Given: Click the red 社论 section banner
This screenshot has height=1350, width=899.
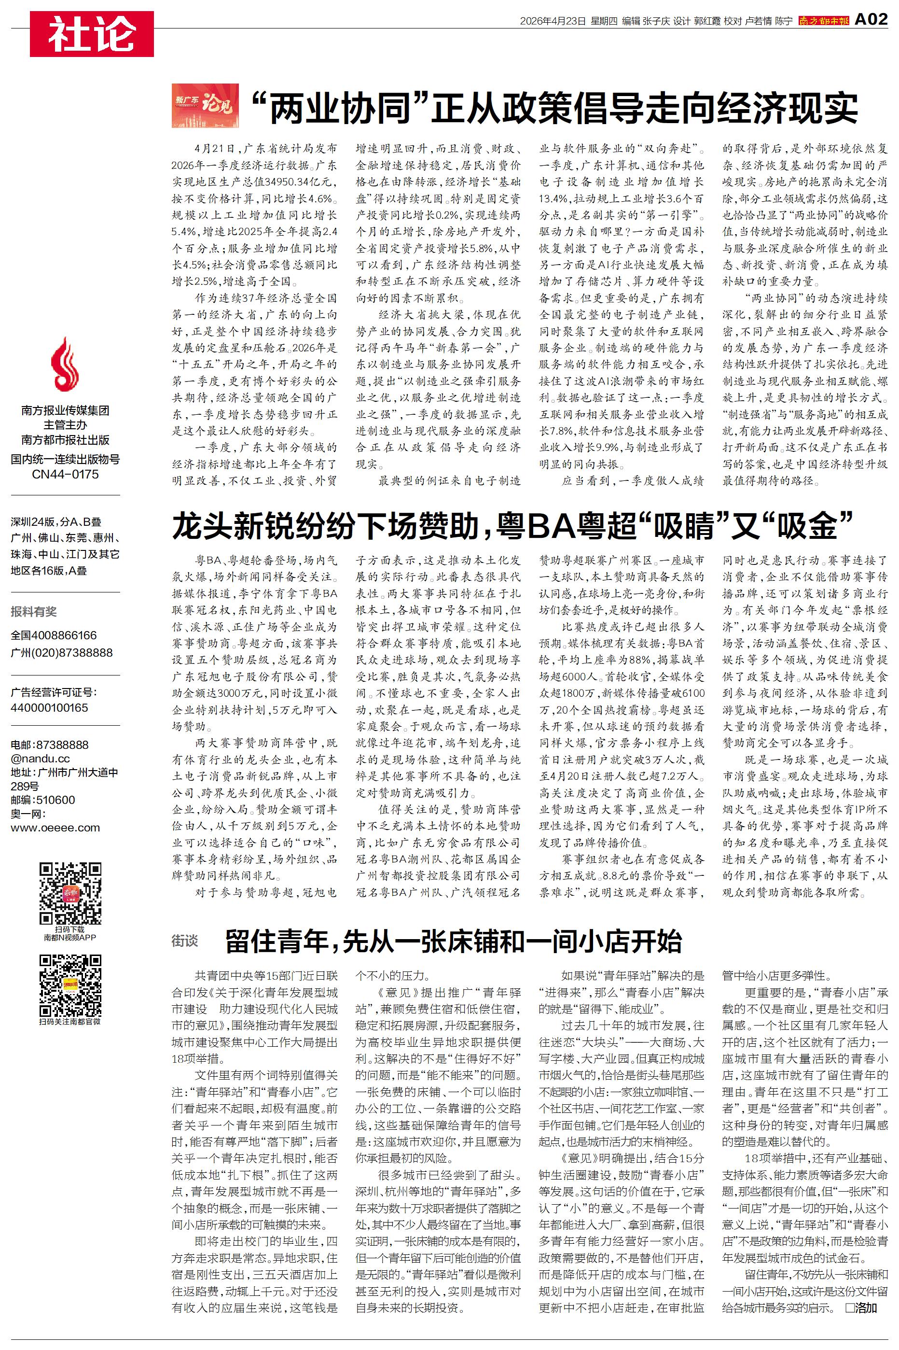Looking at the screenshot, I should click(92, 34).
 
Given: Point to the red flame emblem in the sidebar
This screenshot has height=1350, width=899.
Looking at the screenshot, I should click(65, 365).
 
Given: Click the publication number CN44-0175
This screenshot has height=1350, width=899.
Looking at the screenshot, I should click(65, 474).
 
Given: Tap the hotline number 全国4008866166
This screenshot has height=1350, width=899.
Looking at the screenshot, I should click(54, 635).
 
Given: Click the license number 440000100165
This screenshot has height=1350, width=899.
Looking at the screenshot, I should click(49, 708).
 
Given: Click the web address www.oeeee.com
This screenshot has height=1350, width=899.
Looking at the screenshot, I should click(55, 828).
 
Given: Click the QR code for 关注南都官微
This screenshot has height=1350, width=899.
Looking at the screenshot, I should click(70, 986).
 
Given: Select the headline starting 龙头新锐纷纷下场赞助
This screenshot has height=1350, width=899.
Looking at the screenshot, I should click(512, 526).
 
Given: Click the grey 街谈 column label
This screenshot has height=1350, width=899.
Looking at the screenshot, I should click(185, 940).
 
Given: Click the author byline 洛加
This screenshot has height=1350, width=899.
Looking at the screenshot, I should click(865, 1308).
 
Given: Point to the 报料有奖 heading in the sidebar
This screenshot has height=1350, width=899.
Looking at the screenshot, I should click(34, 611).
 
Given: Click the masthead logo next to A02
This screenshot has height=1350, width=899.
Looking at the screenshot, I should click(823, 21).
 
